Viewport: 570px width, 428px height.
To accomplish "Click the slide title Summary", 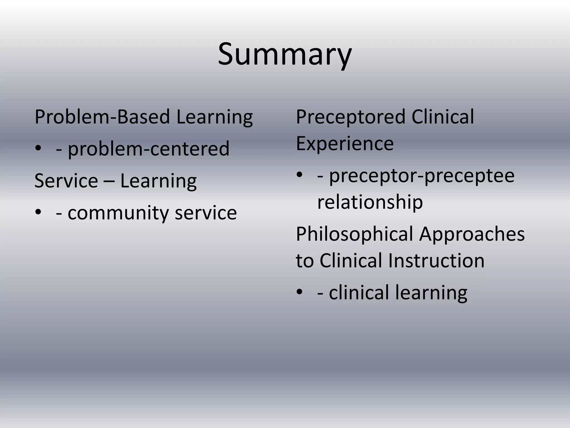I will click(285, 54).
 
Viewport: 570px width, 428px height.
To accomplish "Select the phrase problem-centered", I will click(149, 149).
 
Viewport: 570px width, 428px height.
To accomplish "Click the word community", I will click(118, 213).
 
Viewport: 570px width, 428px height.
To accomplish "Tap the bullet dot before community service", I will click(38, 212).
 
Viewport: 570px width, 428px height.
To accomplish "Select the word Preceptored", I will click(350, 117).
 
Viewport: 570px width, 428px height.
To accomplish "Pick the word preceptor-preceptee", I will click(422, 176).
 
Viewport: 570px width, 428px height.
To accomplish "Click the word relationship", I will click(370, 202).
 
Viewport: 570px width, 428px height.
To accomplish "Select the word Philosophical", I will click(355, 234).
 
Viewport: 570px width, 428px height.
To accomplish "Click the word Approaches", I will click(472, 234).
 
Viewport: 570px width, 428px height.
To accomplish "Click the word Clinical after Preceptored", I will click(443, 117).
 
